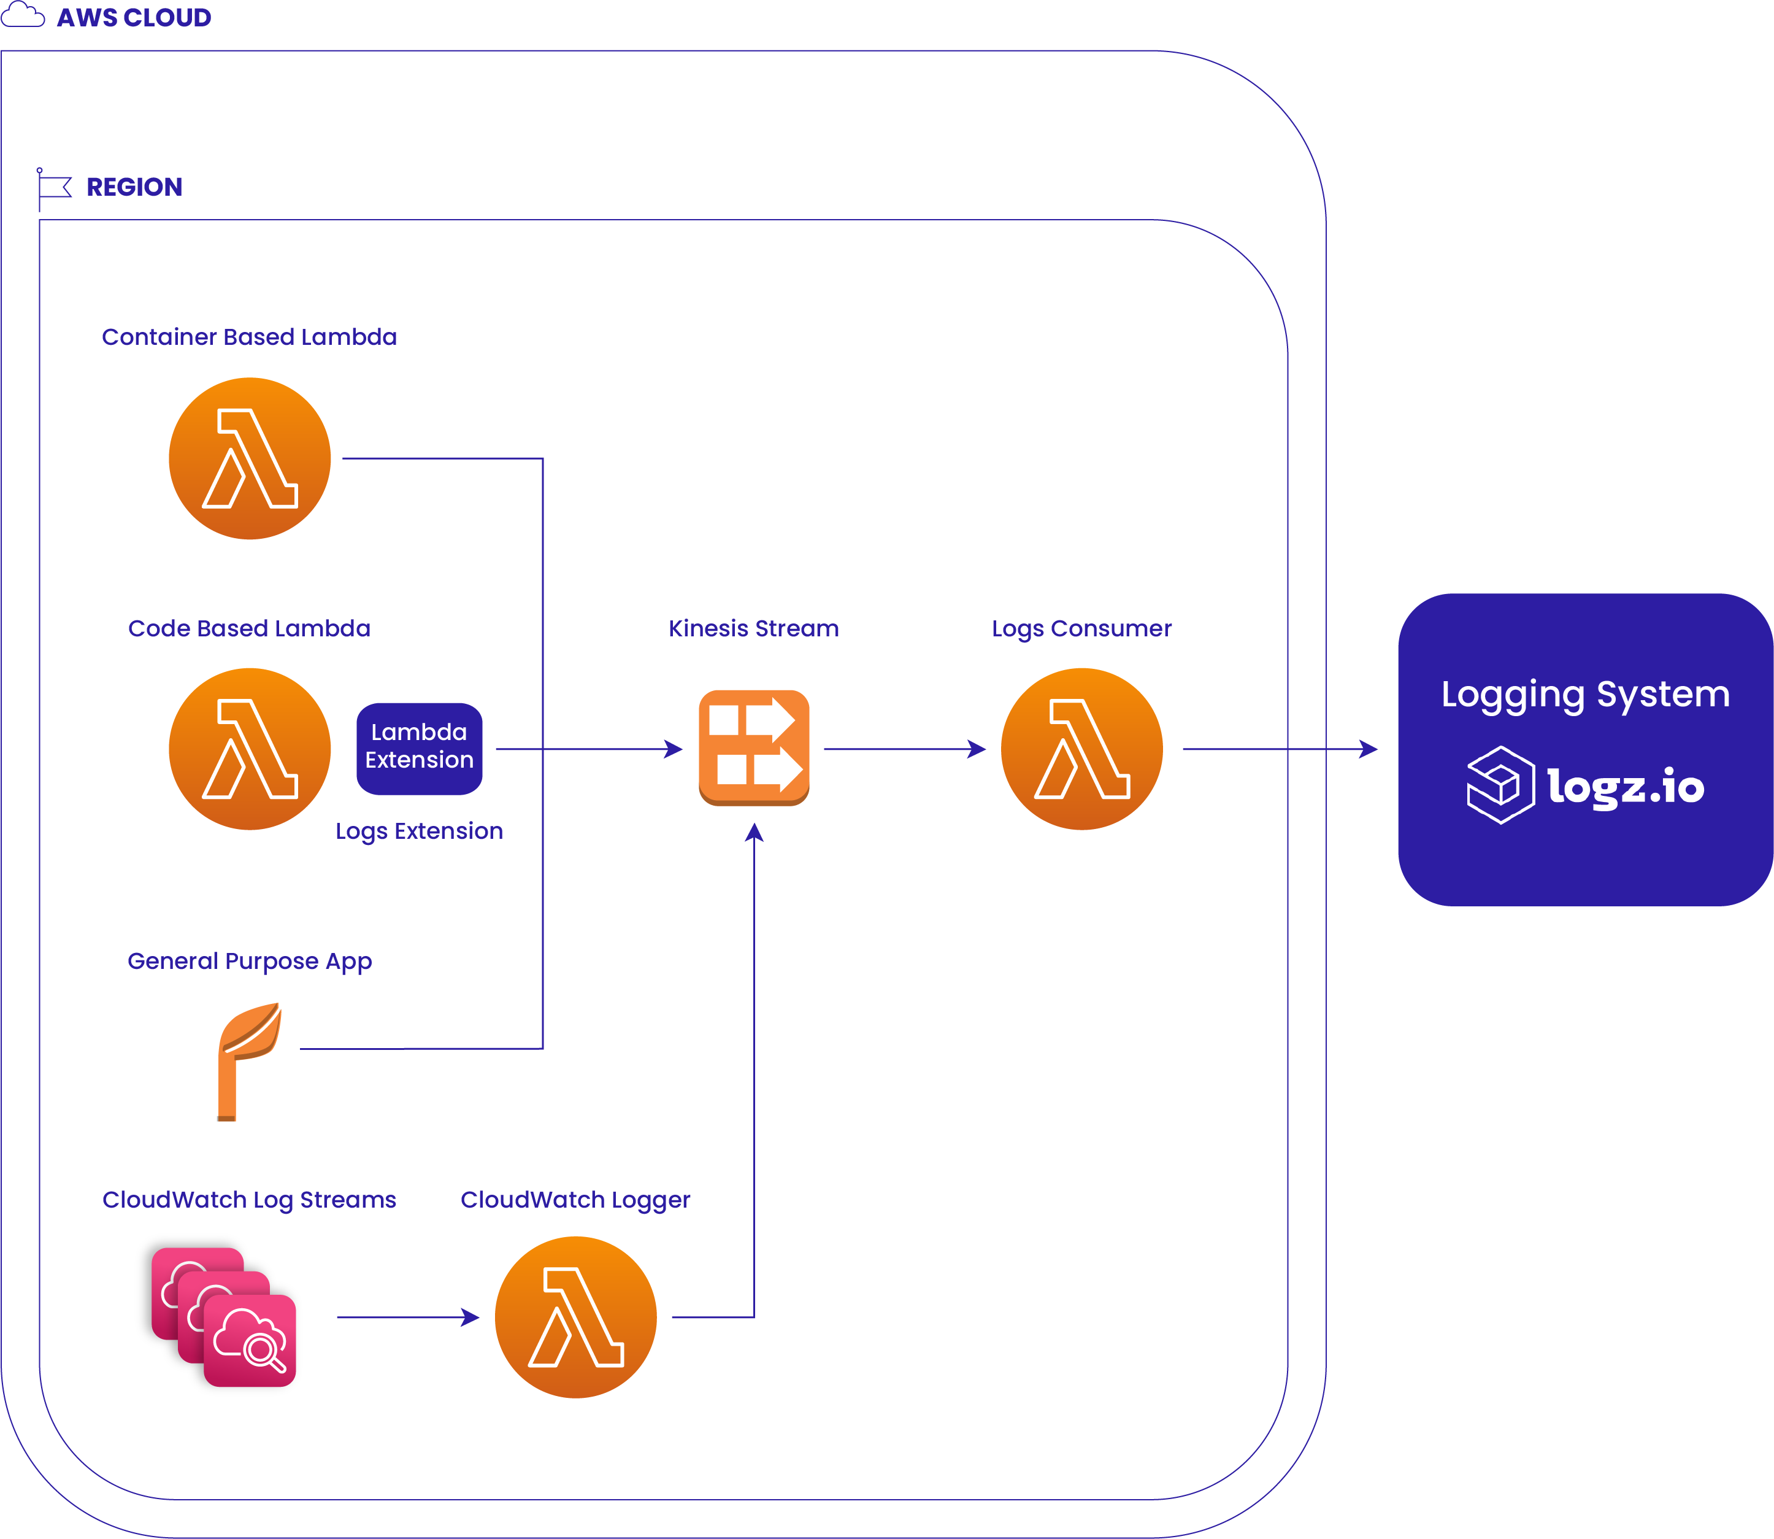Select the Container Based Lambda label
pyautogui.click(x=249, y=337)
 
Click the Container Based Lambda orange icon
pyautogui.click(x=250, y=458)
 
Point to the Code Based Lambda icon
pyautogui.click(x=250, y=749)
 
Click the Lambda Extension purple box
pyautogui.click(x=419, y=748)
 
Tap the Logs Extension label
pyautogui.click(x=419, y=830)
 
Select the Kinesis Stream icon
pyautogui.click(x=754, y=748)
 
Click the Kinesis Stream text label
pyautogui.click(x=753, y=628)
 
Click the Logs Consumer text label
pyautogui.click(x=1081, y=628)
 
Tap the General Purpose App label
pyautogui.click(x=249, y=960)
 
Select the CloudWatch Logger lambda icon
pyautogui.click(x=575, y=1317)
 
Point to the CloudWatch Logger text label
pyautogui.click(x=575, y=1199)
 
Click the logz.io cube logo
pyautogui.click(x=1500, y=785)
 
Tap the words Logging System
pyautogui.click(x=1585, y=694)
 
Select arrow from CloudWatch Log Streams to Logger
pyautogui.click(x=408, y=1317)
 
